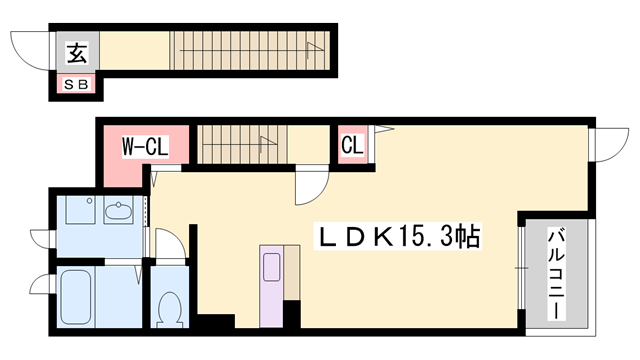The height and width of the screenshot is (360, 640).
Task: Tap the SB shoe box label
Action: click(77, 84)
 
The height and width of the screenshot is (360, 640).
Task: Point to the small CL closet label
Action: click(351, 146)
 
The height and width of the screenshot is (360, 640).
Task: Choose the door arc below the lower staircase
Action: click(310, 184)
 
